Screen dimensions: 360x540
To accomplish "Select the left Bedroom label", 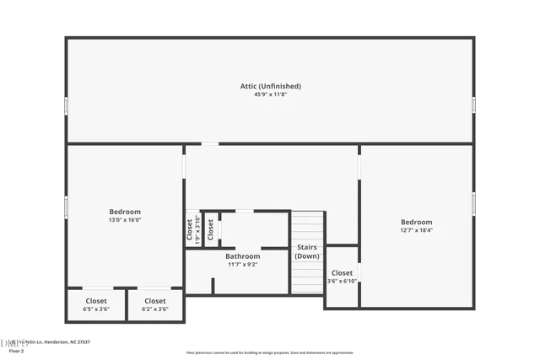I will [x=125, y=212].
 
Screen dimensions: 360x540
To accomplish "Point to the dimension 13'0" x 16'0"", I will [x=125, y=220].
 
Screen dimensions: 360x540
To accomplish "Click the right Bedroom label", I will [x=416, y=222].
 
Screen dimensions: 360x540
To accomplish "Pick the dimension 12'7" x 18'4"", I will [x=416, y=230].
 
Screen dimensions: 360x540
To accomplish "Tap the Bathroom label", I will [x=242, y=255].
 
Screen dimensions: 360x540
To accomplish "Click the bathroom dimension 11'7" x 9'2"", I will [x=242, y=264].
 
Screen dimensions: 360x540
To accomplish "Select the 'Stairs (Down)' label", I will [x=307, y=251].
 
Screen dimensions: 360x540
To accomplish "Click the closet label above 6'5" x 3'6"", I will [x=96, y=301].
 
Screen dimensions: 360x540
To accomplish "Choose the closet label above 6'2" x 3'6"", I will [x=155, y=301].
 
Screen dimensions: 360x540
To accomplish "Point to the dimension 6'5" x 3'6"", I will [x=96, y=309].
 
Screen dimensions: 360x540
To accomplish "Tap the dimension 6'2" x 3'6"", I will [x=155, y=309].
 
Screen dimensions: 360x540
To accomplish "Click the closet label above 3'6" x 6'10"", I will [x=342, y=272].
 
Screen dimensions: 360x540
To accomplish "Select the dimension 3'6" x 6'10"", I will [x=342, y=281].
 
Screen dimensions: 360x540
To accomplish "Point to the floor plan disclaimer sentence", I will [x=269, y=352].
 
